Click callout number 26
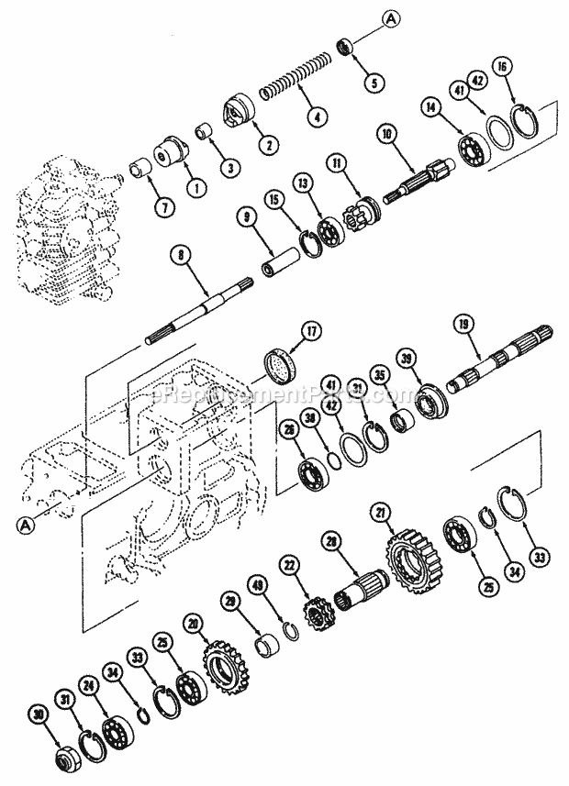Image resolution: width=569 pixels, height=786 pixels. click(290, 430)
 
